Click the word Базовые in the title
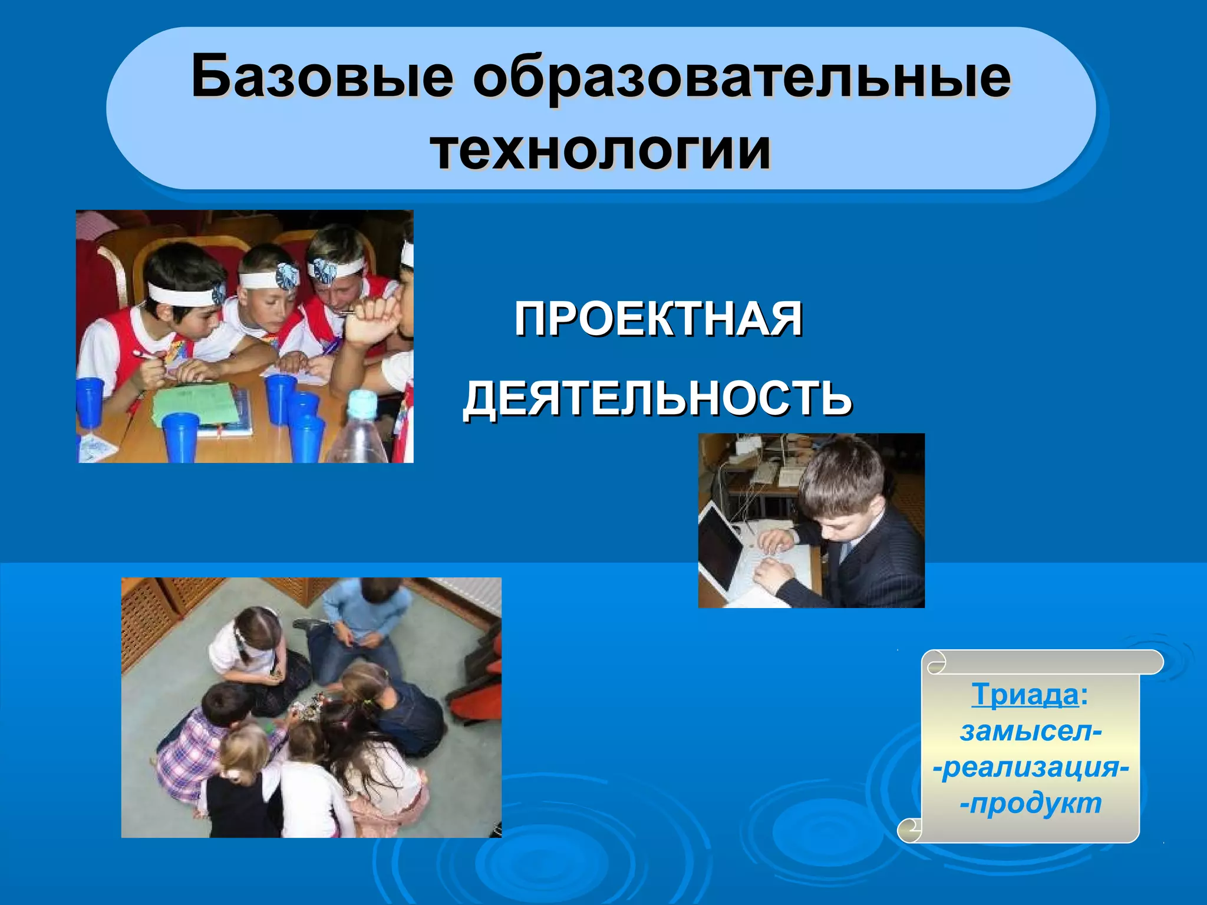click(322, 77)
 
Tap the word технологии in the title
click(601, 150)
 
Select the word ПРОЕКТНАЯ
click(658, 319)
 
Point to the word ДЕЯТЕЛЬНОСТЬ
click(657, 398)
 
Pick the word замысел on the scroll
click(1028, 731)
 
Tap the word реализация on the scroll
click(1031, 767)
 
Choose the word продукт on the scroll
click(1035, 803)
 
